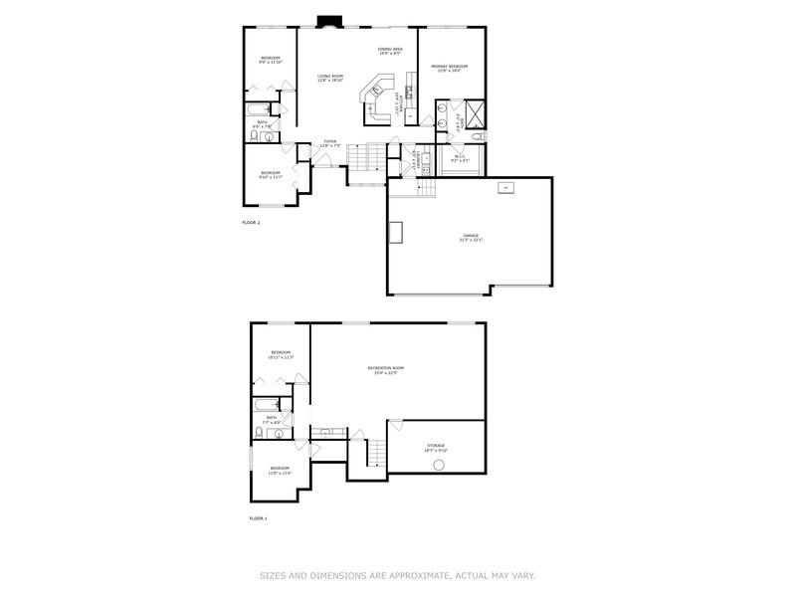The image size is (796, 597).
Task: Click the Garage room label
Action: [x=470, y=238]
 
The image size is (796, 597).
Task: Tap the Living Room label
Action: [x=330, y=78]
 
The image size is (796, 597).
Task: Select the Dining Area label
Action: [x=390, y=50]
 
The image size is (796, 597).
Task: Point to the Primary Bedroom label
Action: [x=449, y=69]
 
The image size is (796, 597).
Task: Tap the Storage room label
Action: [x=436, y=447]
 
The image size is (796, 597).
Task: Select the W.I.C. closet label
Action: [x=461, y=156]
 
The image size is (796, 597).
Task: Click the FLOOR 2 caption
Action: [x=251, y=222]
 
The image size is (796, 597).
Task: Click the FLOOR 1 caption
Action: [x=258, y=518]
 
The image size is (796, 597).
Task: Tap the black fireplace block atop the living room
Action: [x=327, y=20]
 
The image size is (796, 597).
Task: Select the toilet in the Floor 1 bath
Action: [x=260, y=433]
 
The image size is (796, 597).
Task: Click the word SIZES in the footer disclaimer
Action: [x=274, y=574]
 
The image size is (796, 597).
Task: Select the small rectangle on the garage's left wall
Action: [x=396, y=232]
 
